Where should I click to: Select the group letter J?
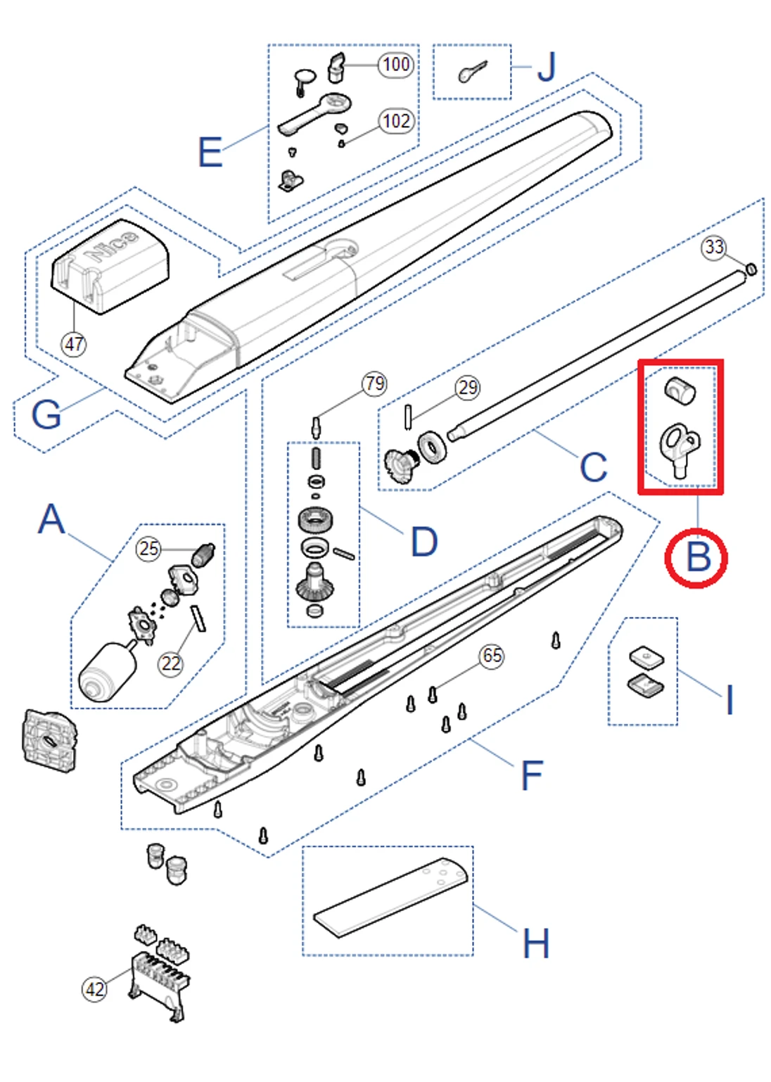(x=547, y=68)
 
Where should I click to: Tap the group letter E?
(x=210, y=153)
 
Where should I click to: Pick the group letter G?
(x=46, y=414)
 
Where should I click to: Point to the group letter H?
(x=536, y=943)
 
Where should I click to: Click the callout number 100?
(x=396, y=65)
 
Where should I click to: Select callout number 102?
(x=396, y=121)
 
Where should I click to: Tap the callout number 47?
(x=74, y=344)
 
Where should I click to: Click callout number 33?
(x=714, y=247)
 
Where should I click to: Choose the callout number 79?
(x=374, y=383)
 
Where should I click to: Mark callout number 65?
(x=492, y=656)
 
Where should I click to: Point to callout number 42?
(x=95, y=989)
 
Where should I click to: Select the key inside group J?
(x=472, y=71)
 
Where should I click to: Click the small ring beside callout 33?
(x=751, y=269)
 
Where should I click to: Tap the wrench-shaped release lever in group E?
(x=314, y=114)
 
